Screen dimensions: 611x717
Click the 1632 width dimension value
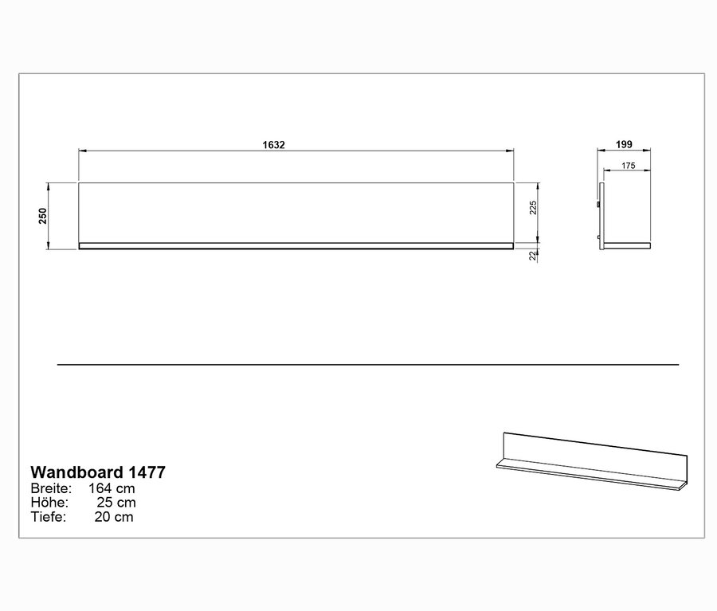(x=273, y=145)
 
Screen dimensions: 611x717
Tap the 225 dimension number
(x=535, y=209)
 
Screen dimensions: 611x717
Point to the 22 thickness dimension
(x=534, y=255)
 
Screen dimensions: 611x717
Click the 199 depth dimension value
(x=625, y=144)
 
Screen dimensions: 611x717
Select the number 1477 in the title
(x=147, y=472)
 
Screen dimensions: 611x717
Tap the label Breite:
(x=51, y=488)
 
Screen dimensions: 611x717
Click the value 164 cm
(x=112, y=488)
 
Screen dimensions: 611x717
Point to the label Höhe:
(x=49, y=503)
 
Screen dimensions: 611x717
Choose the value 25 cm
(x=116, y=503)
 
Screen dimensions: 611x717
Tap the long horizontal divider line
(x=367, y=365)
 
